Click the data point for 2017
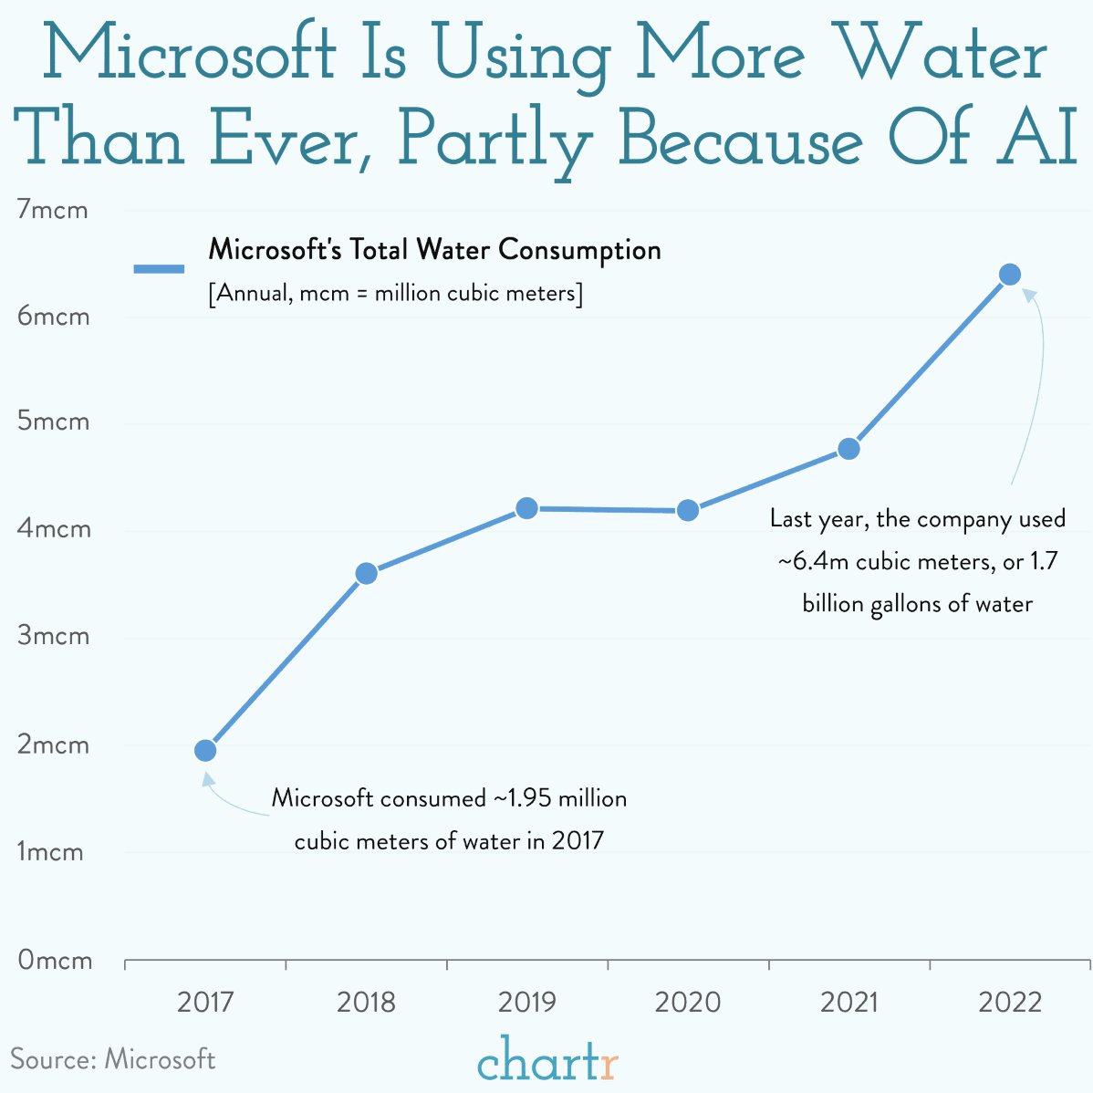(205, 750)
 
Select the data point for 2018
(366, 573)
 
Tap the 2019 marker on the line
(526, 508)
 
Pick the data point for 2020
(688, 510)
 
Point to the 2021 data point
(848, 449)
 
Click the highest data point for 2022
(1009, 275)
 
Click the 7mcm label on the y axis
(53, 210)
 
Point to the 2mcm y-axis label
(54, 744)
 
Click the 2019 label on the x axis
(526, 1003)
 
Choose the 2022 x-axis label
(1009, 1003)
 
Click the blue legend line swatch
(159, 268)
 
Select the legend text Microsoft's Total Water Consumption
(434, 250)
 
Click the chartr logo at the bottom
(547, 1061)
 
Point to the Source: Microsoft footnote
(113, 1059)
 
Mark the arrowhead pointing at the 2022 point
(1028, 294)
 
